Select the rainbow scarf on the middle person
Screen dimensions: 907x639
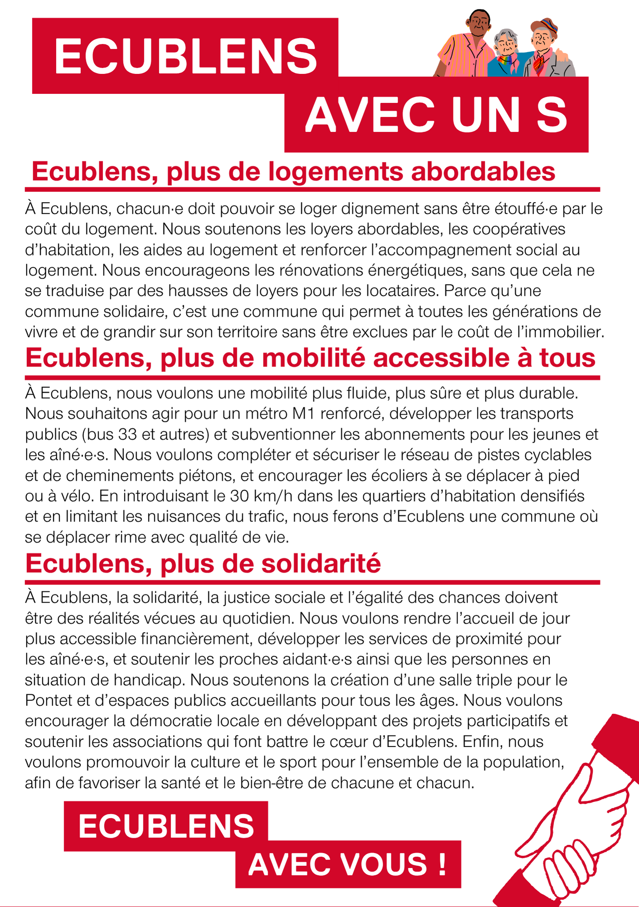coord(505,60)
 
